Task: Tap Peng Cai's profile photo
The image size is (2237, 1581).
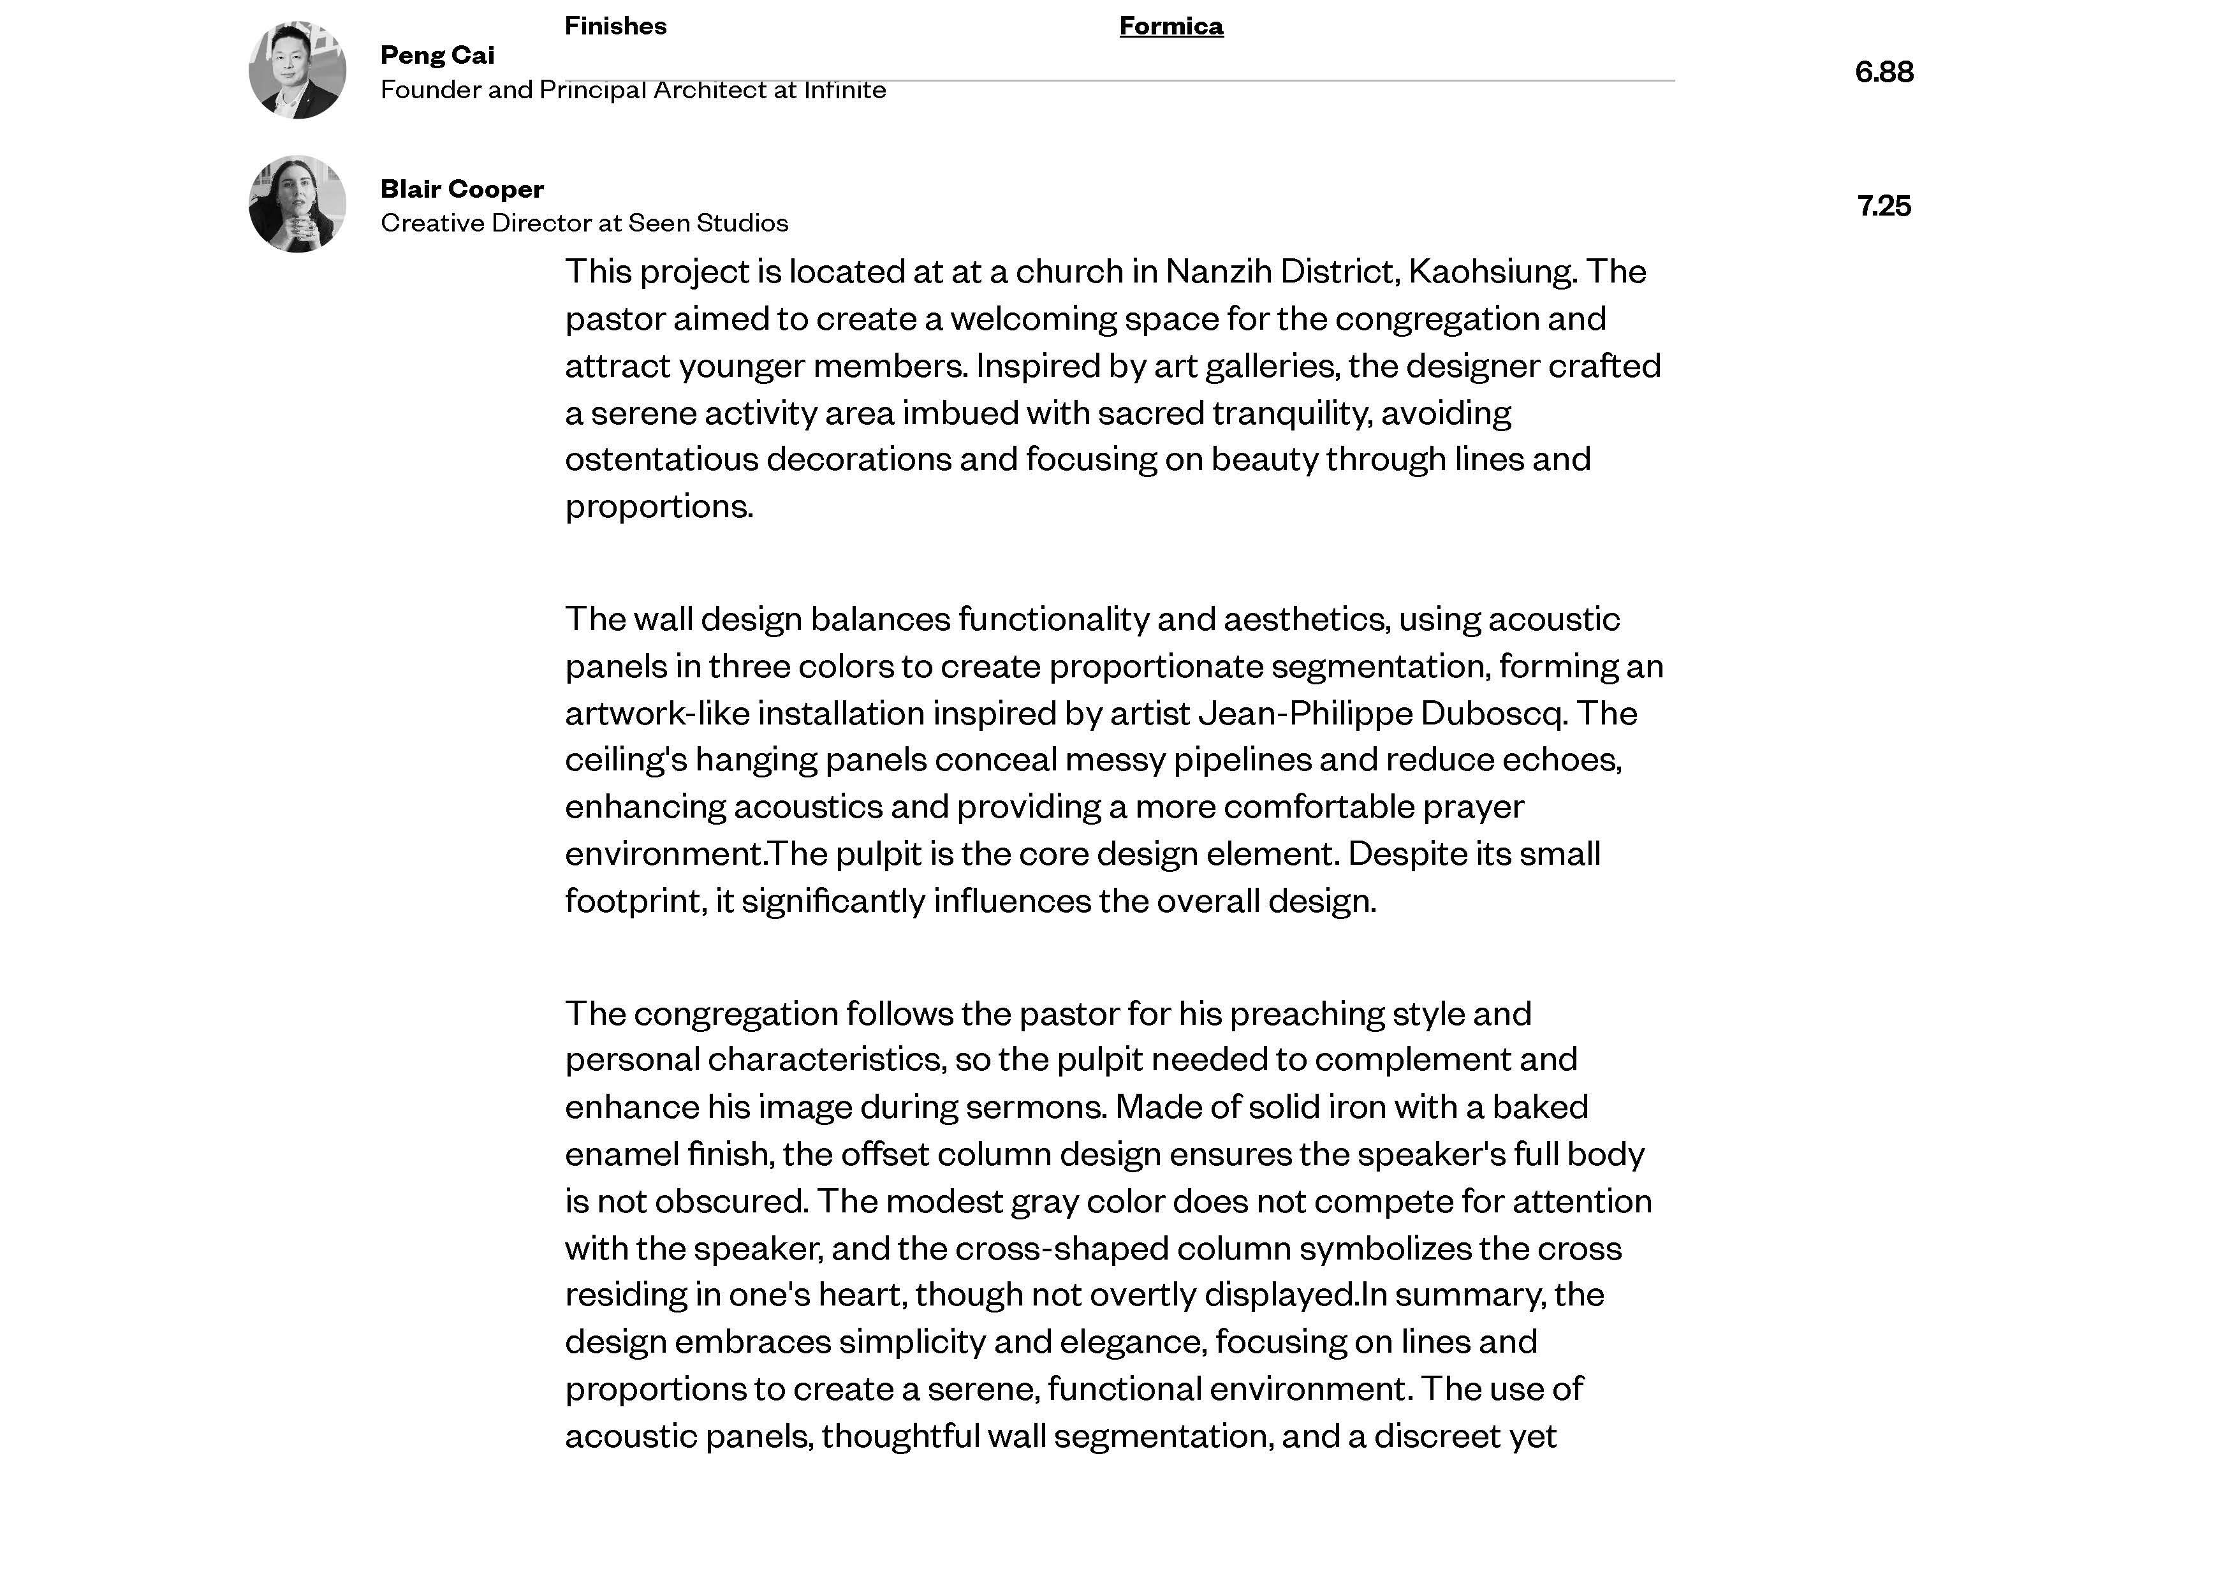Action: click(297, 70)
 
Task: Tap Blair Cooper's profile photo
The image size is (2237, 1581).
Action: click(297, 203)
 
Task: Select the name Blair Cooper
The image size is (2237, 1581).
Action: click(462, 189)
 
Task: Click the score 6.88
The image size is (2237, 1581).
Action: click(1883, 72)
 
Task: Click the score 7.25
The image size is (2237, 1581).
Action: click(1883, 205)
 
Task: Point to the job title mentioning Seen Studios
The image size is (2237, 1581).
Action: click(583, 223)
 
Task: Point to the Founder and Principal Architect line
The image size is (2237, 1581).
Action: click(633, 90)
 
